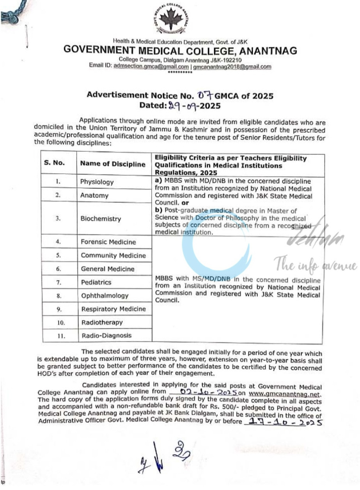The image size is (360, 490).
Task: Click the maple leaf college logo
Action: pos(170,20)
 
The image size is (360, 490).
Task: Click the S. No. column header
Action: pos(55,164)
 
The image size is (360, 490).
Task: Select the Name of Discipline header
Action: pos(113,164)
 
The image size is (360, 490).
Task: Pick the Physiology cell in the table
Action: pos(97,182)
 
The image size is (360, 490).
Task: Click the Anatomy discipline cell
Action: pos(94,195)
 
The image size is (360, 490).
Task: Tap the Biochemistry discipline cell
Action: pos(101,219)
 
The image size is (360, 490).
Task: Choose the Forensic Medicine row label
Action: pos(108,242)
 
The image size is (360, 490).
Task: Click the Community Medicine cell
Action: pos(113,256)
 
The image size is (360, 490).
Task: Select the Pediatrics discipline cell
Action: pos(96,282)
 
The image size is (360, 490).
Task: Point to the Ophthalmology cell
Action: pos(105,296)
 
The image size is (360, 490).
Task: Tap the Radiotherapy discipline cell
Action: pos(102,322)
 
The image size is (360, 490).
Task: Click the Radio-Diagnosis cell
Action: pos(106,336)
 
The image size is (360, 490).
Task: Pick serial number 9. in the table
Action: pos(59,309)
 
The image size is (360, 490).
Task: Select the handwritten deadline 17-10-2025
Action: pos(283,422)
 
